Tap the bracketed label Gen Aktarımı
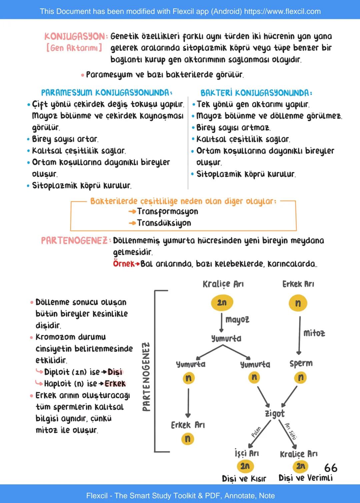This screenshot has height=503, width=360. [74, 48]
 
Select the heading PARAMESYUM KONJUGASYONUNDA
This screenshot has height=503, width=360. [107, 92]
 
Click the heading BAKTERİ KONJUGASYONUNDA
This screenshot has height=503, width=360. [256, 93]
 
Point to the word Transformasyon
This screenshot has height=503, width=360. [167, 211]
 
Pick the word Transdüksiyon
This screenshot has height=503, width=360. [164, 223]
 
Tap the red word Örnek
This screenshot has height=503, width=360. [123, 264]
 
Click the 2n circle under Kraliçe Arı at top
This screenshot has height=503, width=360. [222, 303]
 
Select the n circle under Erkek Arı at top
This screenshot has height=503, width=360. [298, 303]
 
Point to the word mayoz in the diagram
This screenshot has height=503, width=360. [237, 320]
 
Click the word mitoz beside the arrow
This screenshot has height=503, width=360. [314, 333]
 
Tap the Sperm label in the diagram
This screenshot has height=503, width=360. [301, 363]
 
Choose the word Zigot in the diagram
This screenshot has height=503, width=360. [275, 414]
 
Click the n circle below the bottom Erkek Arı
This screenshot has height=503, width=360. [188, 439]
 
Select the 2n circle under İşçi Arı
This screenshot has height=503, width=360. [245, 466]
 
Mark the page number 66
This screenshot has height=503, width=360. [331, 468]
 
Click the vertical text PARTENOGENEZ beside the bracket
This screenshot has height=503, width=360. [146, 377]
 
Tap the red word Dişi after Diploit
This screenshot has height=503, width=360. [115, 372]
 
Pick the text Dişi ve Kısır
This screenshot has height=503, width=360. [244, 479]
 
